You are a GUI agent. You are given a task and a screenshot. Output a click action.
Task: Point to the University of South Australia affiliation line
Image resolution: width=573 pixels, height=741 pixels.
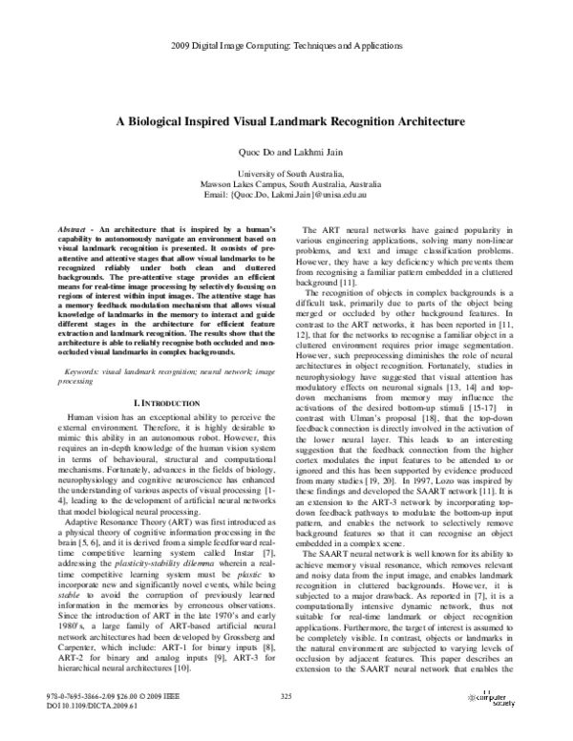[286, 174]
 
